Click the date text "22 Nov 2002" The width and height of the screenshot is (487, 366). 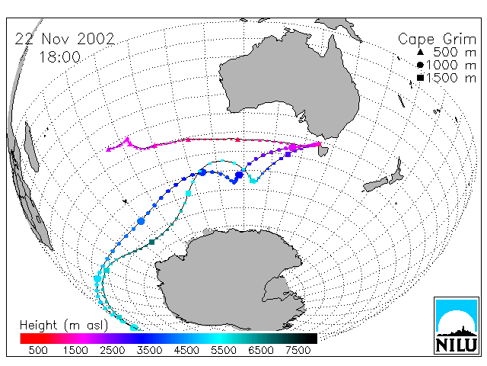click(65, 39)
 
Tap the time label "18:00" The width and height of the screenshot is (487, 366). click(59, 57)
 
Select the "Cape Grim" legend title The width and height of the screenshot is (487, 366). click(437, 40)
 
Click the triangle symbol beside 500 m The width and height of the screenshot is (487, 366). click(420, 52)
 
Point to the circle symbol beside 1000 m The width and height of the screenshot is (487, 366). click(420, 65)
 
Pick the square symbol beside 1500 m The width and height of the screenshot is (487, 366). click(420, 78)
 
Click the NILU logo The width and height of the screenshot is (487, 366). click(457, 326)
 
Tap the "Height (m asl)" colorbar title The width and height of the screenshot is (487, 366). click(64, 326)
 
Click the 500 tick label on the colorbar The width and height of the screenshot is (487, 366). click(38, 351)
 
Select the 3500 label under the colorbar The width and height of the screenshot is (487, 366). click(149, 351)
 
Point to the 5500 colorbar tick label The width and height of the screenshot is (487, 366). click(224, 351)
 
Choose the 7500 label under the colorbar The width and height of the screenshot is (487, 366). click(298, 351)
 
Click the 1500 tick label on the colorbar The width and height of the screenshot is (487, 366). click(75, 351)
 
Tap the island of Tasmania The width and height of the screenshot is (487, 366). click(323, 151)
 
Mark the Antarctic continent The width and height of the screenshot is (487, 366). click(230, 280)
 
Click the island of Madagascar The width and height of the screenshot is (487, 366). click(31, 147)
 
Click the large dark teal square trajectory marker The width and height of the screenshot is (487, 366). click(152, 242)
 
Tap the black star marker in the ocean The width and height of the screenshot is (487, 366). click(126, 201)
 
